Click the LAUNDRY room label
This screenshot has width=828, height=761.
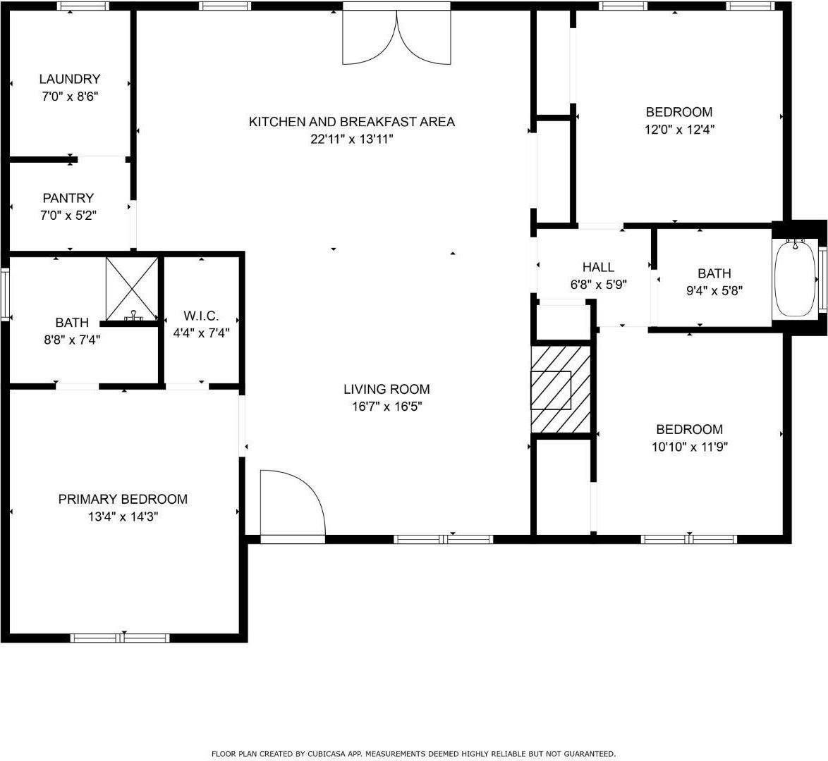coord(69,79)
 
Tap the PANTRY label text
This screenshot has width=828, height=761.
coord(68,198)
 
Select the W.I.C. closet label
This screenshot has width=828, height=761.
coord(201,316)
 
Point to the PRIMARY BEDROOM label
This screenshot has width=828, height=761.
coord(123,499)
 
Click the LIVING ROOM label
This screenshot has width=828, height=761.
coord(386,388)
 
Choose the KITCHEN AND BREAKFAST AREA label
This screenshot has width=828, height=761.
coord(351,121)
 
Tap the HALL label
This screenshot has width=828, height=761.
coord(598,267)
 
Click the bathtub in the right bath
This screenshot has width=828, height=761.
coord(795,279)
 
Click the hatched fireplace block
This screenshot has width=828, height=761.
coord(561,389)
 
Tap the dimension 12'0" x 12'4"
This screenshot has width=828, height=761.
coord(679,130)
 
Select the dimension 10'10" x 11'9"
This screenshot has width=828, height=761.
coord(689,447)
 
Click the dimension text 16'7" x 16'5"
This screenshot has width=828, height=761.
coord(386,407)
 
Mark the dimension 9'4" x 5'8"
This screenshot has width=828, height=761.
coord(714,290)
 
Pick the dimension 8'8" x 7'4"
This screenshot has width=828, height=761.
coord(72,340)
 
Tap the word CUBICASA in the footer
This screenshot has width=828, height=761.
coord(326,753)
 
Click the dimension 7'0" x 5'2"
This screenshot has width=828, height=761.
coord(68,215)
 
